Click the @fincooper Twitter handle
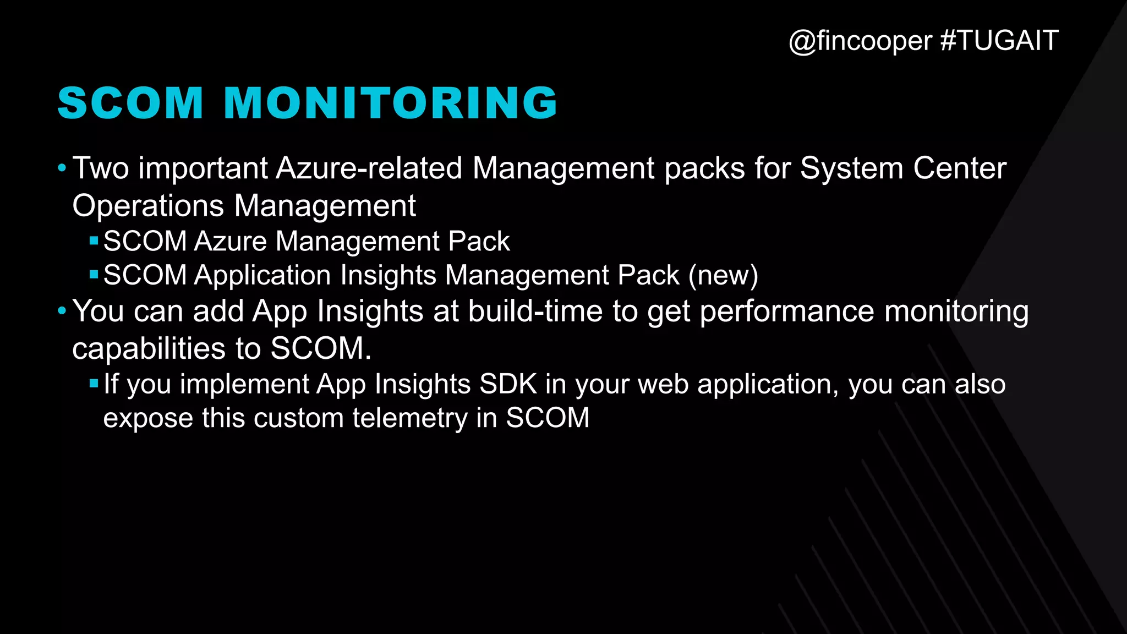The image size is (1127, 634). point(860,41)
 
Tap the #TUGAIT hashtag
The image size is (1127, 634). point(999,41)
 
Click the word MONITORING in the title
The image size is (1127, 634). point(391,103)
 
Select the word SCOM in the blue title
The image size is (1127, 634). point(131,103)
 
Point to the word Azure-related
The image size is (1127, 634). point(369,168)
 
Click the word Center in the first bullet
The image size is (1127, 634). point(960,168)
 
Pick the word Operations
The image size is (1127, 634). point(148,206)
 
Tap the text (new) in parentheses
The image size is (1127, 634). point(723,275)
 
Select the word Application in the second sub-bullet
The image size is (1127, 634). point(262,275)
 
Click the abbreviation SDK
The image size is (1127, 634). point(508,384)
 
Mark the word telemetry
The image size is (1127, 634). point(410,418)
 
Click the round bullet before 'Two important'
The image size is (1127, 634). point(62,167)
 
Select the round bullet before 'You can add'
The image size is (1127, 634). point(62,311)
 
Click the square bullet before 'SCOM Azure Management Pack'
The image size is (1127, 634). point(94,240)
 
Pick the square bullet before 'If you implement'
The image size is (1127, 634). point(94,383)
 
